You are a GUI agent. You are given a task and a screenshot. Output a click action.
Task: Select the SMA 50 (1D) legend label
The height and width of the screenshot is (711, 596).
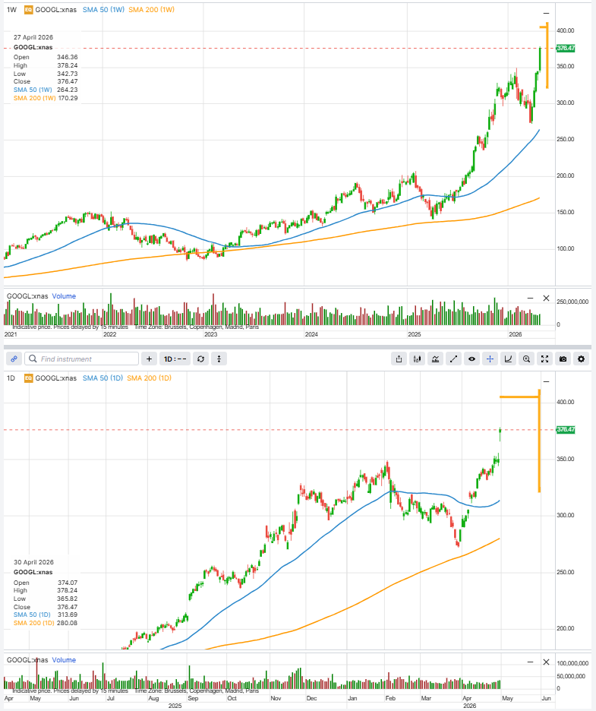(x=102, y=378)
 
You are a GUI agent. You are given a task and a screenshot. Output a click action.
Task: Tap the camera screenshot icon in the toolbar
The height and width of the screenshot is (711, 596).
(x=563, y=359)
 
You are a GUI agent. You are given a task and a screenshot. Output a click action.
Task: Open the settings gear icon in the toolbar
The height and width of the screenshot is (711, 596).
(x=581, y=359)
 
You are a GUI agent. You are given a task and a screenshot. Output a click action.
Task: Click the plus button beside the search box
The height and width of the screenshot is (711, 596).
(x=149, y=359)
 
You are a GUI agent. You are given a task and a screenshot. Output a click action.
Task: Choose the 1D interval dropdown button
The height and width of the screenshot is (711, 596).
(x=175, y=359)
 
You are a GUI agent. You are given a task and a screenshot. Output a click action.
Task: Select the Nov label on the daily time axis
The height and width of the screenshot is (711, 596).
(x=276, y=697)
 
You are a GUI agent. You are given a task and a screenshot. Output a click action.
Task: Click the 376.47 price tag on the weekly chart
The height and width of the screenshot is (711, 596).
(x=566, y=48)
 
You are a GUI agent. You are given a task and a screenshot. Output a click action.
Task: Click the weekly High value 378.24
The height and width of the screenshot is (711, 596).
(x=67, y=65)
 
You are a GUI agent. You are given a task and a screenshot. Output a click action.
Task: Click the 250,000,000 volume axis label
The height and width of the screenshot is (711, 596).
(x=573, y=302)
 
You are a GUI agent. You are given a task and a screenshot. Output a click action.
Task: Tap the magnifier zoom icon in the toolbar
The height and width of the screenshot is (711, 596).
(x=526, y=359)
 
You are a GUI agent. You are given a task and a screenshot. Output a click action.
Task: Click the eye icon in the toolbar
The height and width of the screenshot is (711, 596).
(x=471, y=359)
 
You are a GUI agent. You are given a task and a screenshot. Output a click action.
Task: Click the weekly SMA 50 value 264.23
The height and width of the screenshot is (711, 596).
(x=67, y=90)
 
